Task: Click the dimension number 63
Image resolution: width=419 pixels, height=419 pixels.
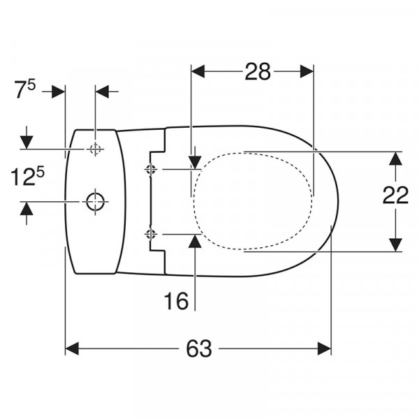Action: [199, 348]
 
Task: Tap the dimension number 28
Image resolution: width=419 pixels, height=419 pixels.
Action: [258, 71]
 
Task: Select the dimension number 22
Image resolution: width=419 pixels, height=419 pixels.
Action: [395, 195]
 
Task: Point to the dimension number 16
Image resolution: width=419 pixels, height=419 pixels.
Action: [176, 300]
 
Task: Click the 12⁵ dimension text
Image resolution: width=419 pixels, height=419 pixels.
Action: [27, 177]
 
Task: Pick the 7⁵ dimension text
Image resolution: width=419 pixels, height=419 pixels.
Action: [25, 89]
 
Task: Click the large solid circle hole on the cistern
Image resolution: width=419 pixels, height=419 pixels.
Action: [95, 202]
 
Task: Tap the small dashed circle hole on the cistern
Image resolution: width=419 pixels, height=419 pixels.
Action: [95, 149]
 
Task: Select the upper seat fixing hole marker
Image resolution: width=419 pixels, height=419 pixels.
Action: [151, 169]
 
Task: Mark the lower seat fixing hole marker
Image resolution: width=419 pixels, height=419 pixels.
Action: [151, 234]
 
